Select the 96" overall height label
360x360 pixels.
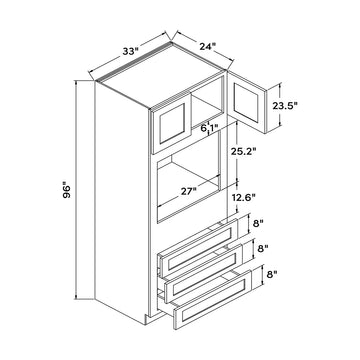[x=62, y=187]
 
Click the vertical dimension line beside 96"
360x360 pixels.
[x=78, y=190]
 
